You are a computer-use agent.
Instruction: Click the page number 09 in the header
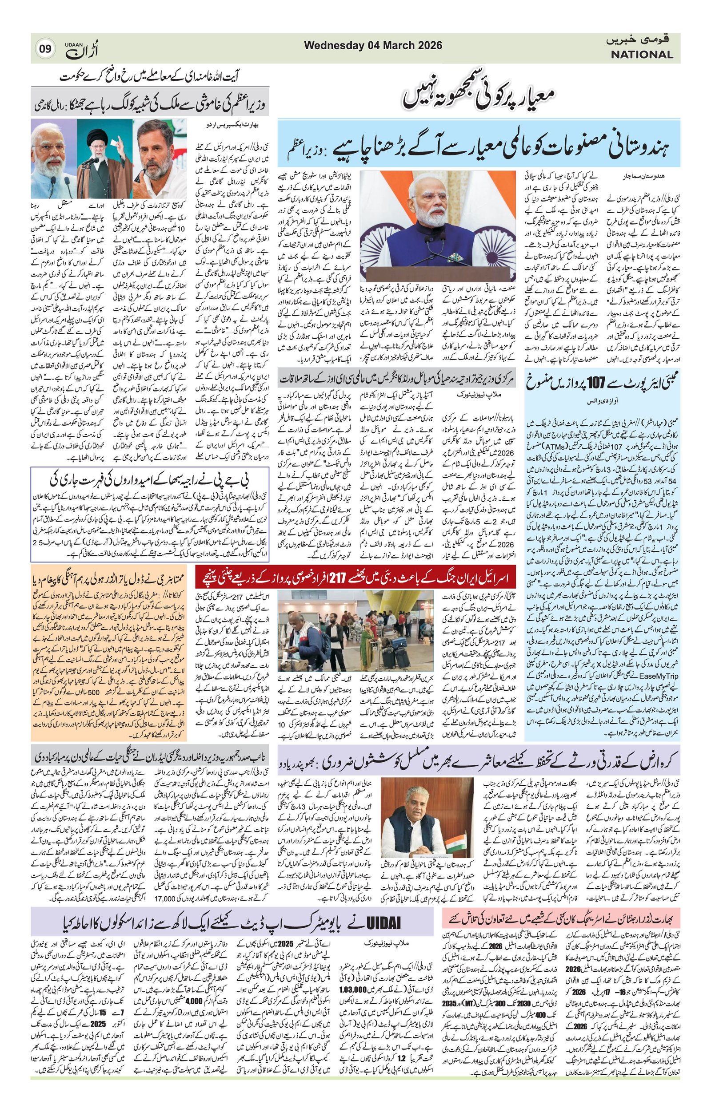click(45, 48)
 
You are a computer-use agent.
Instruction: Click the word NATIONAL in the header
click(641, 55)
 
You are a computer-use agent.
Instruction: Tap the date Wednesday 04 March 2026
click(373, 45)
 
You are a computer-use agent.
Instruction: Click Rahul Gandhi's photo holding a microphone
click(160, 158)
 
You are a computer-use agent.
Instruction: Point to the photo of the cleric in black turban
click(104, 158)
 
